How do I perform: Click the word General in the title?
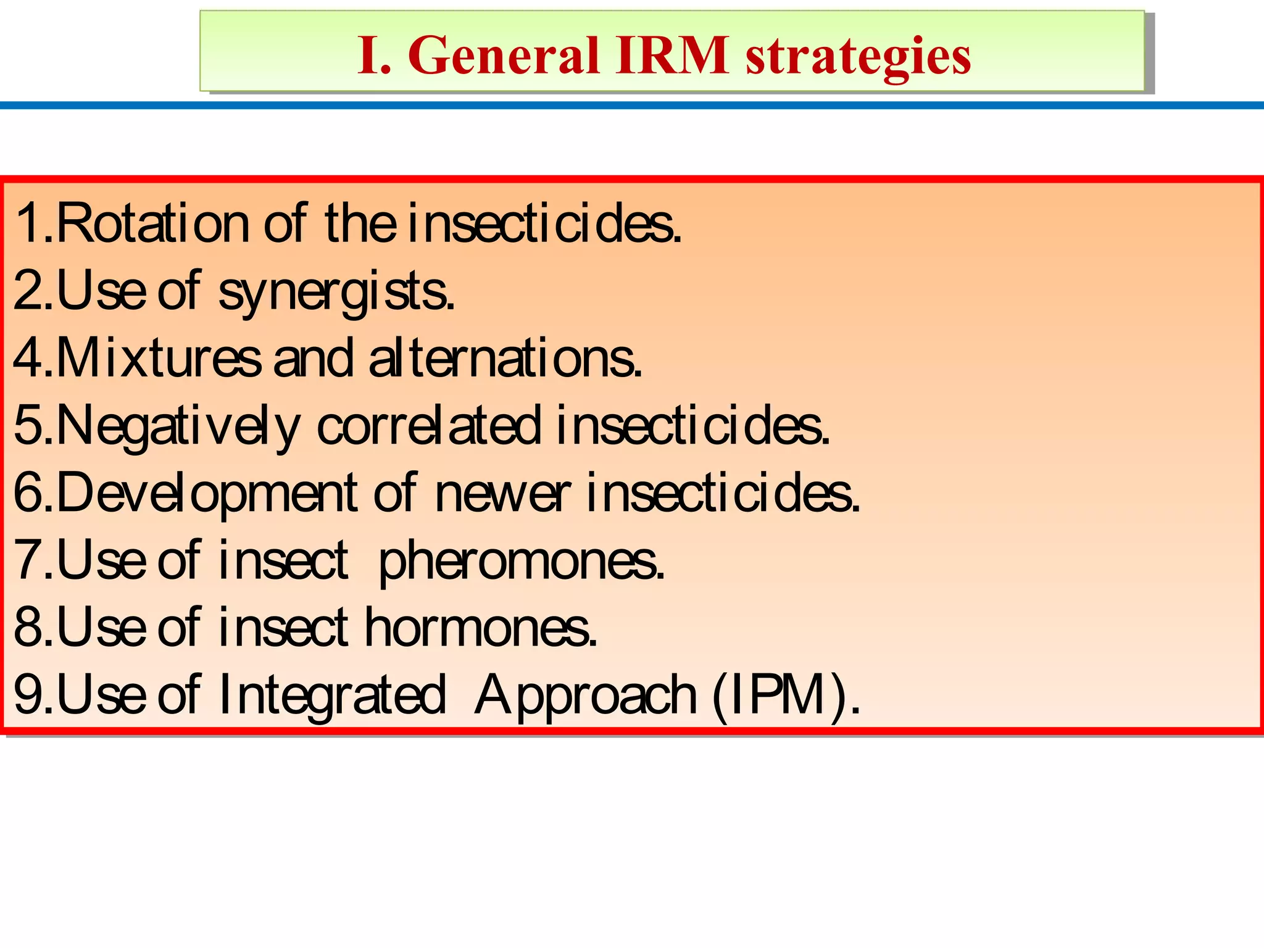click(x=504, y=56)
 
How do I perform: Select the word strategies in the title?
click(x=859, y=57)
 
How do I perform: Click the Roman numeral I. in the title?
click(x=374, y=56)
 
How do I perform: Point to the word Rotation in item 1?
click(x=152, y=223)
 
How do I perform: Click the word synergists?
click(x=336, y=293)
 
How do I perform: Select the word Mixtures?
click(x=158, y=359)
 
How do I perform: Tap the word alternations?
click(x=505, y=359)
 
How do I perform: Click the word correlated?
click(x=429, y=426)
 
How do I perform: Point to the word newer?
click(x=502, y=493)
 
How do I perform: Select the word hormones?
click(x=481, y=628)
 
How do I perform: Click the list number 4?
click(x=27, y=359)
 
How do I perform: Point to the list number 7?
click(x=27, y=560)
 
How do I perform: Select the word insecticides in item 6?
click(x=721, y=493)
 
